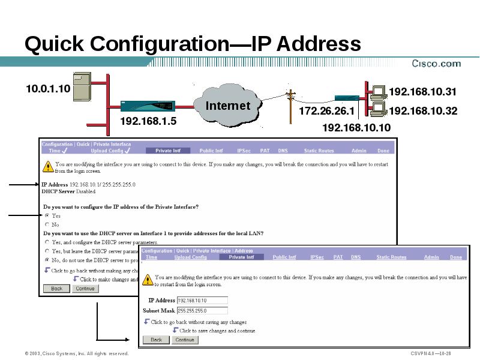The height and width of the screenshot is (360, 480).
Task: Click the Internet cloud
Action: click(227, 107)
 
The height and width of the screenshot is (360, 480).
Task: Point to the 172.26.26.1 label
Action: click(326, 112)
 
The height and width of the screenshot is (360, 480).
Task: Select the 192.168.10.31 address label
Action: click(423, 92)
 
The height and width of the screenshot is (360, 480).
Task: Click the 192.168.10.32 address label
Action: click(423, 111)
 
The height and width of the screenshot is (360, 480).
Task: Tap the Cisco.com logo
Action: click(436, 63)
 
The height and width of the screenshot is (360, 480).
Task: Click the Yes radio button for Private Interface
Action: click(47, 215)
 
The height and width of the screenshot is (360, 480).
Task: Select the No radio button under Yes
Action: click(47, 224)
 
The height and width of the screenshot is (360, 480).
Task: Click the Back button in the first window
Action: click(56, 289)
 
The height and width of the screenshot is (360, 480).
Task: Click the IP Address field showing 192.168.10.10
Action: click(202, 301)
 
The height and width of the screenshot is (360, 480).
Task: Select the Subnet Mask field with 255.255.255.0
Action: click(202, 311)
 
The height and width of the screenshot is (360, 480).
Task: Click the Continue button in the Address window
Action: click(184, 340)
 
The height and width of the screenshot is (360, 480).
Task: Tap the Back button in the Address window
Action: click(156, 340)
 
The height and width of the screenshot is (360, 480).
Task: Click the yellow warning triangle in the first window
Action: click(47, 166)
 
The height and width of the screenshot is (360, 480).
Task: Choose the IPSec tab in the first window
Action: click(244, 151)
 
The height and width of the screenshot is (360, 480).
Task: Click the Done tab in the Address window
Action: click(456, 257)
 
